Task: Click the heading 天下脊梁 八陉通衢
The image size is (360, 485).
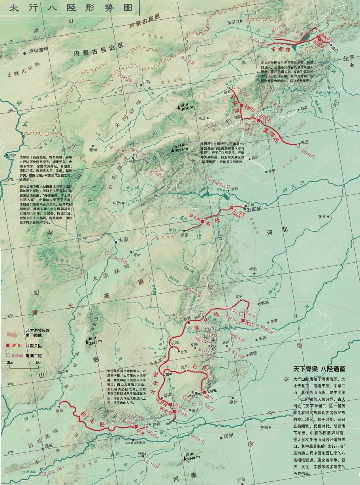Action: click(319, 369)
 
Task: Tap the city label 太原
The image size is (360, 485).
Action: click(123, 240)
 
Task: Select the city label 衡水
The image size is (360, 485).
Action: click(322, 216)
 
